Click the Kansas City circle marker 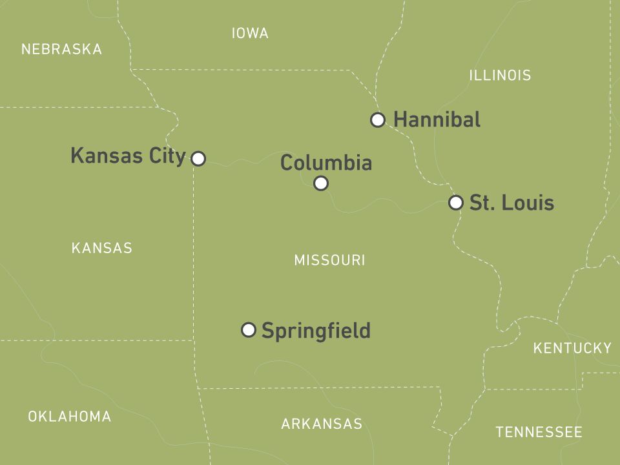point(198,158)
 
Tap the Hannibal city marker point(378,119)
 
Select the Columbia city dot point(321,183)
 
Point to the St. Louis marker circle point(456,203)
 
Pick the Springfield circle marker point(249,330)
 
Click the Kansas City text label point(128,156)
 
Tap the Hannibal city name point(437,119)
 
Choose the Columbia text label point(326,163)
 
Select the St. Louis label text point(512,203)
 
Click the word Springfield point(316,331)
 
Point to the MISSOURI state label point(329,260)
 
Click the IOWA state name point(250,34)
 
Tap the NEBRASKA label point(61,49)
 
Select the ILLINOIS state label point(500,76)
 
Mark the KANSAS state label point(101,248)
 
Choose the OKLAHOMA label point(69,417)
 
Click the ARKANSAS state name point(322,424)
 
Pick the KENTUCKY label point(572,349)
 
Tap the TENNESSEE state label point(539,432)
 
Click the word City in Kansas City point(167,156)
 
